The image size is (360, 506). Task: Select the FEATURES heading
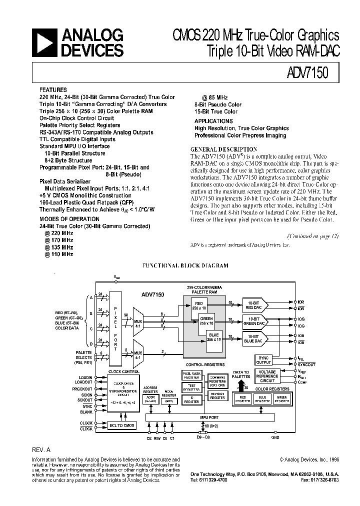(52, 90)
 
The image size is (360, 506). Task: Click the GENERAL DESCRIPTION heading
(224, 149)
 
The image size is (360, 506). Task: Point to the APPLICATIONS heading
(213, 121)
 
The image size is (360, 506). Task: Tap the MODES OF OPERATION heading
(69, 219)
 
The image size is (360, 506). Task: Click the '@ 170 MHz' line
(58, 240)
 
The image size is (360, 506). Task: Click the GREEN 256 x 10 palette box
(205, 320)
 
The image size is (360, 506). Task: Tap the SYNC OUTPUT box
(263, 359)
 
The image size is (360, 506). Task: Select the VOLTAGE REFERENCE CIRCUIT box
(267, 376)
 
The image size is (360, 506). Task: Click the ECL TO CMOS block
(122, 425)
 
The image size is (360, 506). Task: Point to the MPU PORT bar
(210, 416)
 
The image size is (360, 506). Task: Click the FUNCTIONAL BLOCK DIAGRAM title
(185, 266)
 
